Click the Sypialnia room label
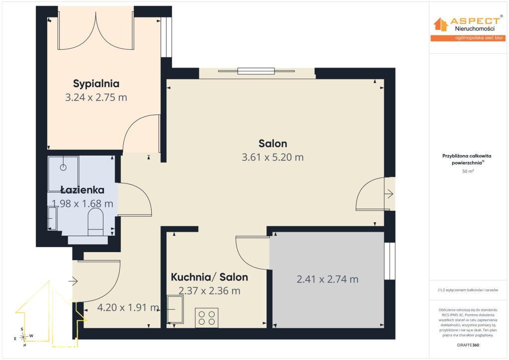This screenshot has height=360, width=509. [96, 84]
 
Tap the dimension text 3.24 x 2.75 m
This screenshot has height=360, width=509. [96, 97]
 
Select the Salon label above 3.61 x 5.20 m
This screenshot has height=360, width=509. [273, 144]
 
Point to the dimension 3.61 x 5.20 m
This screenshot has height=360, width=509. [273, 157]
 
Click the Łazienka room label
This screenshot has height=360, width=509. [83, 189]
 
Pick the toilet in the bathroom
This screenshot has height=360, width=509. [95, 222]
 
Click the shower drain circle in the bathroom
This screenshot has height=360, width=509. [63, 167]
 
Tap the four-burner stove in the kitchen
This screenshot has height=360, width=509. [206, 317]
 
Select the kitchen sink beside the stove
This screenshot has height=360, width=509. [175, 309]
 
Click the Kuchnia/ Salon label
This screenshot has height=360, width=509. [209, 277]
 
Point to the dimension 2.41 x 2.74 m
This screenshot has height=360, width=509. [328, 279]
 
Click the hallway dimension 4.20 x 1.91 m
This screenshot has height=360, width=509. [128, 307]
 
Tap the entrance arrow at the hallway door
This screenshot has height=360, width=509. [73, 281]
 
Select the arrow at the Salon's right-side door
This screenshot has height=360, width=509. [389, 194]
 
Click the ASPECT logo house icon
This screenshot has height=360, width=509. [440, 24]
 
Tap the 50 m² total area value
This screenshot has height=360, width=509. [468, 171]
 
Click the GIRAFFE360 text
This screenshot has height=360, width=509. [468, 345]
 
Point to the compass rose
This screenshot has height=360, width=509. [23, 337]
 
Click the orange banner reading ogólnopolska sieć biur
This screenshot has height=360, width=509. [468, 38]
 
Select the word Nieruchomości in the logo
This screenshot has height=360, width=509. [475, 28]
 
